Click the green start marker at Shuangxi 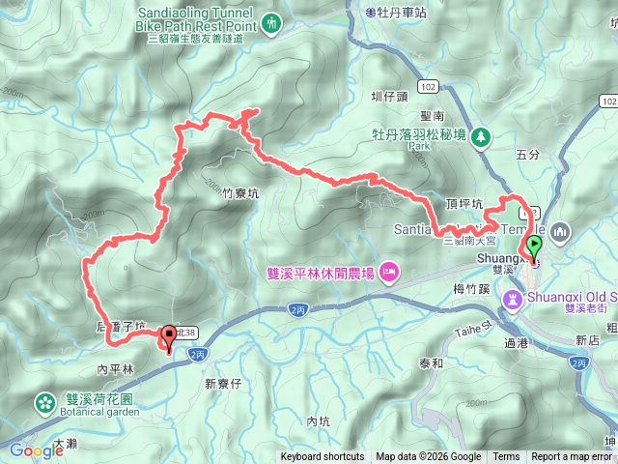tap(533, 246)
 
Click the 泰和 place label tap(431, 363)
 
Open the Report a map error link tap(572, 457)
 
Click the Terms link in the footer tap(506, 457)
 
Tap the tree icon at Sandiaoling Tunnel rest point tap(271, 21)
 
